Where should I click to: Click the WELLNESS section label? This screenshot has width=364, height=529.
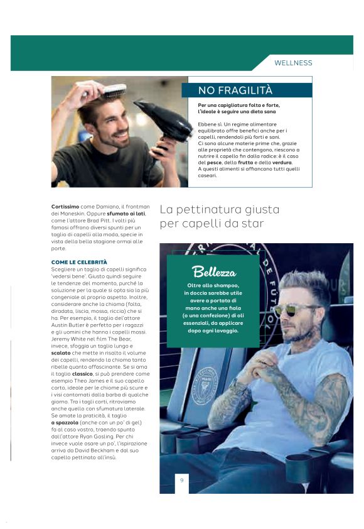[293, 63]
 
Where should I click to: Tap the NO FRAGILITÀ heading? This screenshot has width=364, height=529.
[235, 90]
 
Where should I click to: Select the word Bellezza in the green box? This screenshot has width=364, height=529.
[214, 272]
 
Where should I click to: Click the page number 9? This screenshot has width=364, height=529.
[181, 481]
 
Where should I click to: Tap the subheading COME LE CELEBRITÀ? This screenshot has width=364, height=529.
[79, 261]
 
